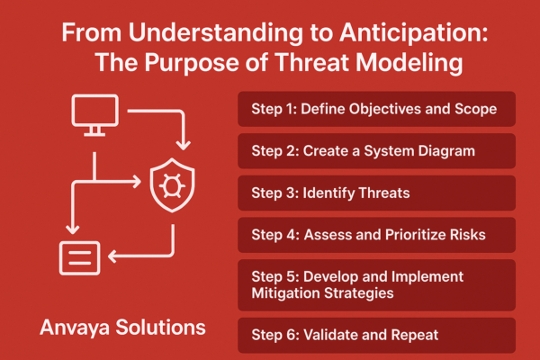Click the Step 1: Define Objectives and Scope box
[376, 109]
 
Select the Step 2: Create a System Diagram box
[376, 151]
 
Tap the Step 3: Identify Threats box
[376, 193]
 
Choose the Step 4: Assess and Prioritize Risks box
[376, 236]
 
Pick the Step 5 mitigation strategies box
[376, 284]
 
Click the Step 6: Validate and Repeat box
[376, 334]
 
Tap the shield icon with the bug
[167, 184]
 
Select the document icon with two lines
[79, 257]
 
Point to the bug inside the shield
[167, 184]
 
